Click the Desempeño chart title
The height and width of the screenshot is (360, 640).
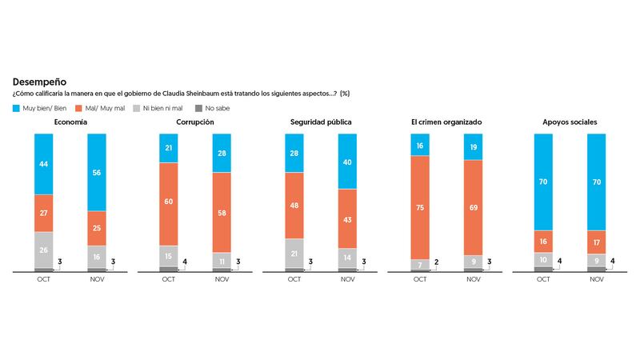click(39, 82)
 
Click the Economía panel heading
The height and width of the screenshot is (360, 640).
click(70, 122)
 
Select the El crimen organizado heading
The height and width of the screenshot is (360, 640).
click(446, 122)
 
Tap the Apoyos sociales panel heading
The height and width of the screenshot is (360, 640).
click(571, 122)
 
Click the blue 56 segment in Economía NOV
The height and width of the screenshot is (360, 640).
click(96, 172)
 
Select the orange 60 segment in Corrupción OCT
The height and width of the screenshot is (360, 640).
click(169, 204)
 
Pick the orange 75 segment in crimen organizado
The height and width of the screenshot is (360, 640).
click(420, 206)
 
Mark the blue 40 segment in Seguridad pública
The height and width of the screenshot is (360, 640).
click(347, 161)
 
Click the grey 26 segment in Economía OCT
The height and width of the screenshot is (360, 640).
click(43, 250)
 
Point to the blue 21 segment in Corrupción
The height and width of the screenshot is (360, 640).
click(169, 148)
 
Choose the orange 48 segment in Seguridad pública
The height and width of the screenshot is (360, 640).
click(294, 205)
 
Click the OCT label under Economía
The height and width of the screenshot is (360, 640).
click(43, 278)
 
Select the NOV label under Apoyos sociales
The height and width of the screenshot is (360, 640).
click(598, 278)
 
